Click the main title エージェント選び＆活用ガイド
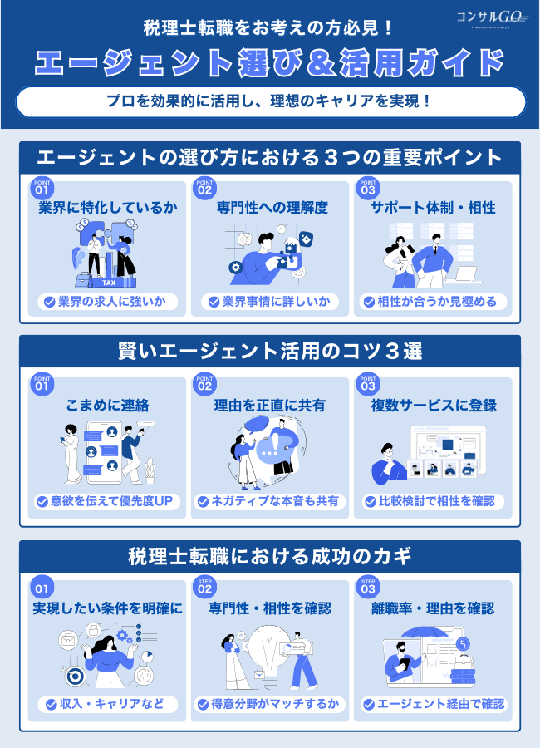pos(270,62)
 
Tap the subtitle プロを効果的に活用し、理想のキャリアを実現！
pos(270,102)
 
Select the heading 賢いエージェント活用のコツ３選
pos(270,351)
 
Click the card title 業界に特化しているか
pos(107,208)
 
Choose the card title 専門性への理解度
pos(270,208)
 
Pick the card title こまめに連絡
pos(107,406)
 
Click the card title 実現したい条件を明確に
pos(107,609)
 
